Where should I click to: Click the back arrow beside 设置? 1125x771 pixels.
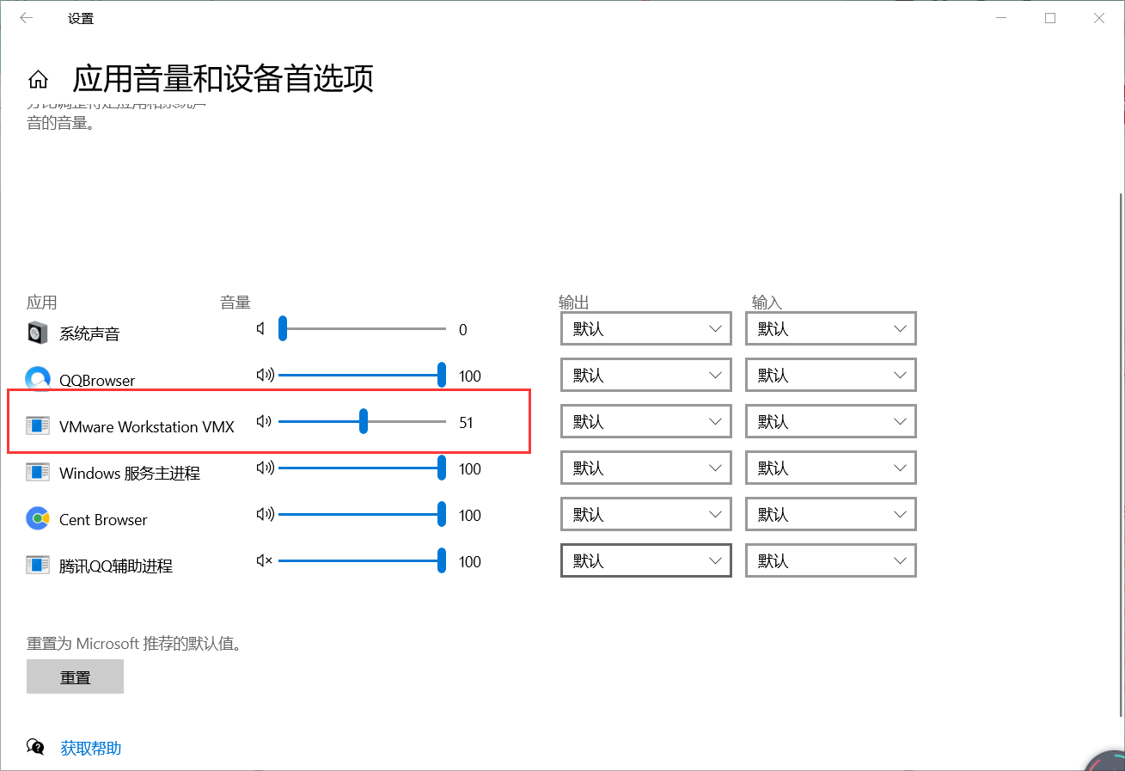27,18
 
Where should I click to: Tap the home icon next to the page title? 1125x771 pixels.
38,80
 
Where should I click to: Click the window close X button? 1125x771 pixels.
1099,18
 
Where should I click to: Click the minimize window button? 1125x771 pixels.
1001,18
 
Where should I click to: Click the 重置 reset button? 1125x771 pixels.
76,676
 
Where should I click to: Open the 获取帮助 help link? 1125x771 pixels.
90,748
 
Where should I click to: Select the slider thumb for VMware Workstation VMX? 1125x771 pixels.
364,422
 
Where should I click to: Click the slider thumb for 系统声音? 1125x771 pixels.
282,329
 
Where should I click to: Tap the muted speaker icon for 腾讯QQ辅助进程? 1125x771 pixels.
264,561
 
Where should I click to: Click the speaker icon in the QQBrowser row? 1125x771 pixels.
265,376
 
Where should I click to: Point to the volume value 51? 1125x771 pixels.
466,423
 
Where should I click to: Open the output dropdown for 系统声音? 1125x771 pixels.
645,329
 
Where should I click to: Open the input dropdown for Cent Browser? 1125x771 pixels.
830,515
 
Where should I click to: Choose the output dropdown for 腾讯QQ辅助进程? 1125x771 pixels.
645,561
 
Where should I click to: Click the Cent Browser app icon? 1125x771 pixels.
38,519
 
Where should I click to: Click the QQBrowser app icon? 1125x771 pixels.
38,379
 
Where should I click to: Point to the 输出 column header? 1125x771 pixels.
573,303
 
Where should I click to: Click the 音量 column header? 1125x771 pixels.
235,303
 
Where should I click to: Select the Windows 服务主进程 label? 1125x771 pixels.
130,474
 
